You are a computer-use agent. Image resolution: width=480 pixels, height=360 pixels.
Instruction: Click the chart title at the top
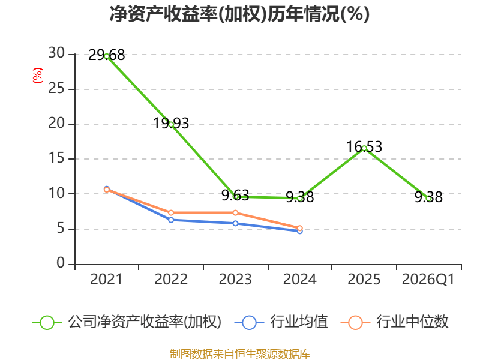click(x=239, y=14)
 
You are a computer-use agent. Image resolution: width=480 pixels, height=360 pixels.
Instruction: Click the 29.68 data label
click(x=107, y=55)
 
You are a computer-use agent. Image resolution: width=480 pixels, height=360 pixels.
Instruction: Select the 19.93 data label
click(x=171, y=124)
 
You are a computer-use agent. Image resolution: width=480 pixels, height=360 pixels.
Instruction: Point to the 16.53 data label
click(x=364, y=147)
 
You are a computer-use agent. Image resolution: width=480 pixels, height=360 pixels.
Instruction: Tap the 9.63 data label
click(x=235, y=196)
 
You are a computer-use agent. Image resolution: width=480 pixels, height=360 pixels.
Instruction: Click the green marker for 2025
click(x=364, y=148)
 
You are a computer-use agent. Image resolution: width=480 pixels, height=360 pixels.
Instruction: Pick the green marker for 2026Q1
click(x=428, y=198)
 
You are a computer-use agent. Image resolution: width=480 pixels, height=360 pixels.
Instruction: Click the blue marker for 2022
click(x=171, y=220)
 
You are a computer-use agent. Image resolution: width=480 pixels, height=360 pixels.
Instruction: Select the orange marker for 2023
click(x=235, y=213)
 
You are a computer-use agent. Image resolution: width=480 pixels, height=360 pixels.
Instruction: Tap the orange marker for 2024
click(x=300, y=228)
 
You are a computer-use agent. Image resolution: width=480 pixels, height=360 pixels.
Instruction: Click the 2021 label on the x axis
click(x=106, y=280)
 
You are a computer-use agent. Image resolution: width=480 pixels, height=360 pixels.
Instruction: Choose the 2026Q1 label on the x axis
click(x=428, y=280)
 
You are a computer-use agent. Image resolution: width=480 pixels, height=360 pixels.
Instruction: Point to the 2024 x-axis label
click(x=299, y=280)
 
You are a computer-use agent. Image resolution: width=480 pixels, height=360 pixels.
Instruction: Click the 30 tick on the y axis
click(x=57, y=54)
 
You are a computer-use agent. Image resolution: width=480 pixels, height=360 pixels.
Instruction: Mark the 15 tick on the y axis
click(x=57, y=159)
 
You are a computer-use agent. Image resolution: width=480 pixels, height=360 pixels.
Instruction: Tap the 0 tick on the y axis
click(x=61, y=264)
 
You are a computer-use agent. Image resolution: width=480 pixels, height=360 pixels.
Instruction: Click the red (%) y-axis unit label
click(x=38, y=76)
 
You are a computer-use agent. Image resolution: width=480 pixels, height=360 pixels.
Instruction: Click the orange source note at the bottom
click(x=240, y=353)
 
